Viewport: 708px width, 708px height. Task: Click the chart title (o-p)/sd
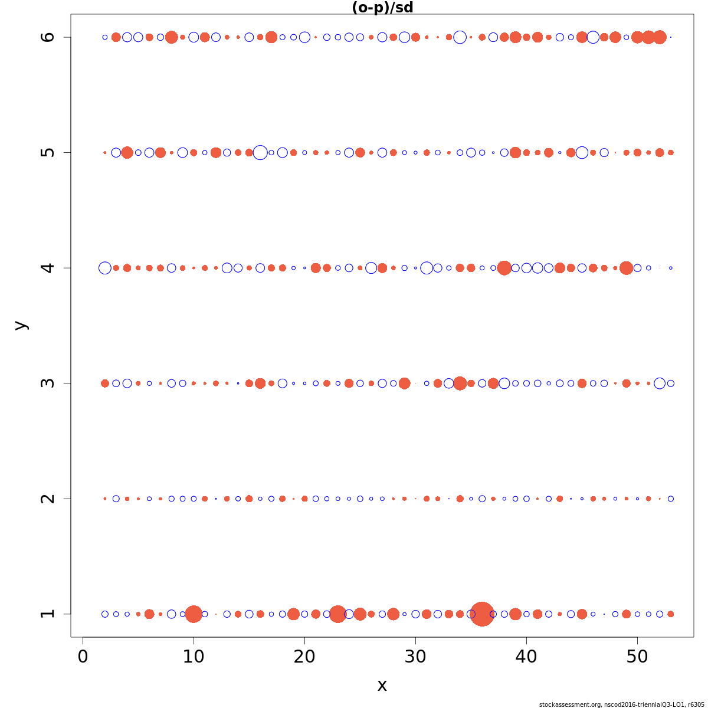click(x=382, y=8)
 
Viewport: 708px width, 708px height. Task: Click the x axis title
click(x=382, y=686)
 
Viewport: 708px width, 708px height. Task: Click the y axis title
click(x=21, y=325)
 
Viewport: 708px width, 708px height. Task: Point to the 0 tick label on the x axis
click(x=83, y=657)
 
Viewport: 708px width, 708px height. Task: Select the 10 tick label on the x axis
click(x=194, y=657)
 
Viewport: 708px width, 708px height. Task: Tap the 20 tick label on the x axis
click(x=304, y=657)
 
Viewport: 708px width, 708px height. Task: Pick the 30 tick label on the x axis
click(x=415, y=657)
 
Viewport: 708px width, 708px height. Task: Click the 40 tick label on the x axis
click(x=526, y=657)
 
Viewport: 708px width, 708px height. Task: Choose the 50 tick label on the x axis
click(x=637, y=657)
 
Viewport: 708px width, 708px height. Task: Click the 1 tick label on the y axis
click(x=48, y=614)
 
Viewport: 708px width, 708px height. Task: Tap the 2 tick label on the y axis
click(x=48, y=499)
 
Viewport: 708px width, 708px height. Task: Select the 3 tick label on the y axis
click(x=48, y=383)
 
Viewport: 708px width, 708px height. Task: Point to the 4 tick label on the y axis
click(x=48, y=268)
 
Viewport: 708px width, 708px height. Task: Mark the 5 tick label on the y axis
click(x=48, y=152)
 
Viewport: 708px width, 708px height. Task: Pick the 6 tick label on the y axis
click(x=48, y=37)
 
